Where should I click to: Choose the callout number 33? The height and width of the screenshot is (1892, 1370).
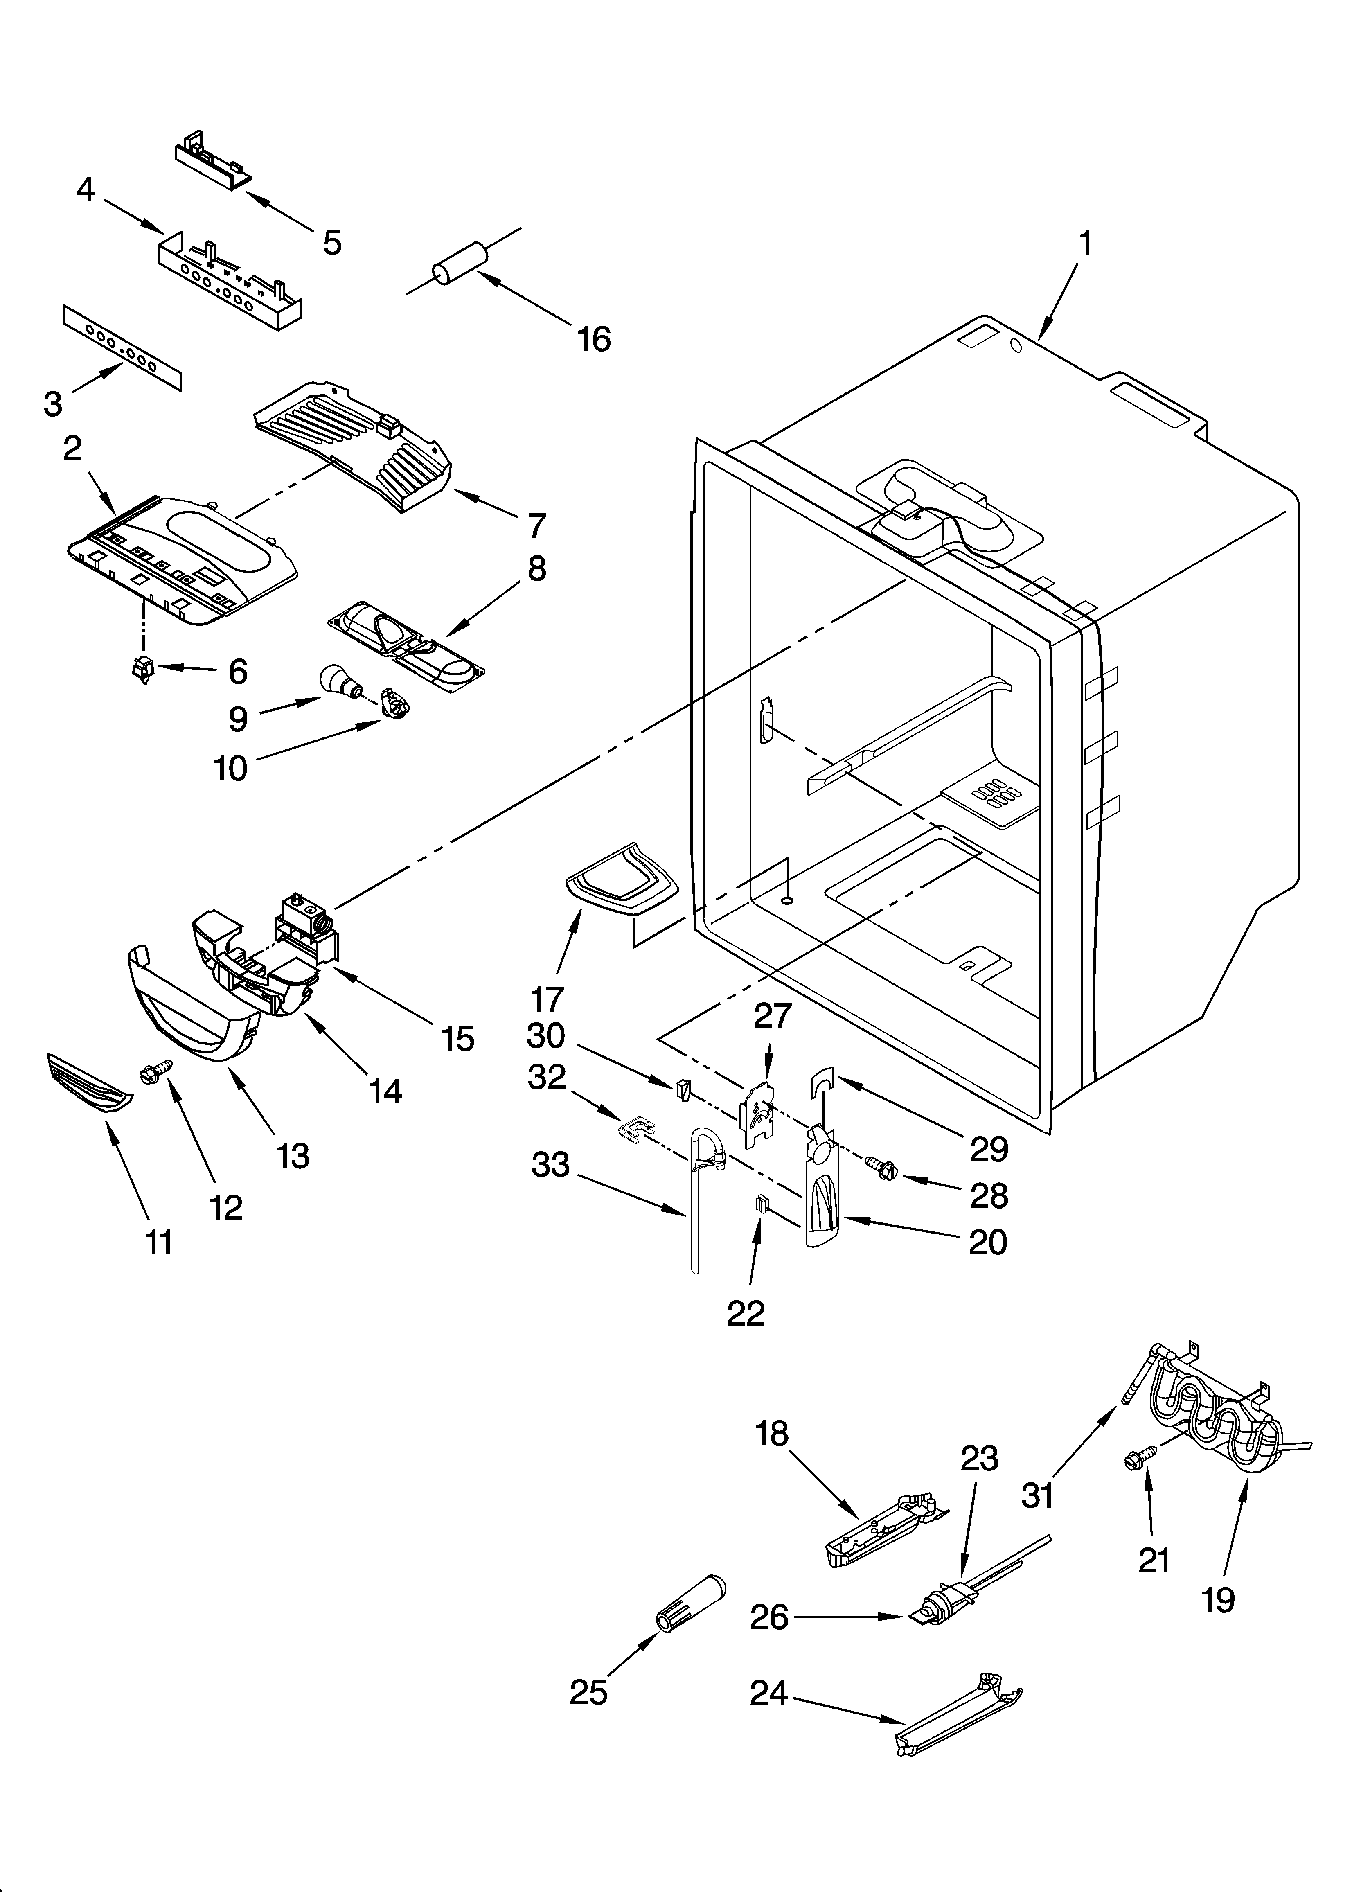pos(551,1166)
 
